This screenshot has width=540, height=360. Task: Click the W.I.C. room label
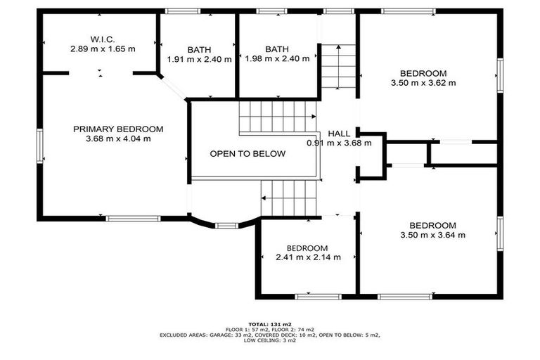(103, 39)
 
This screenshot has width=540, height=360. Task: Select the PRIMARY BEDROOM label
(118, 129)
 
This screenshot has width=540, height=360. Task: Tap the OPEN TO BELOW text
(248, 153)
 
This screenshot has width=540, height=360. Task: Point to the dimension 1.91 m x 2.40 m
(199, 60)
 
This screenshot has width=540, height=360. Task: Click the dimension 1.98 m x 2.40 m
(277, 59)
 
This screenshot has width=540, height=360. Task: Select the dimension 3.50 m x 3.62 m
(423, 83)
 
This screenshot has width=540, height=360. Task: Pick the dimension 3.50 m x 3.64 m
(432, 235)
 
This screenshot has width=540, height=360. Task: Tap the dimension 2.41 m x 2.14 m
(307, 257)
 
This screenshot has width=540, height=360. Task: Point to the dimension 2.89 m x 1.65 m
(103, 49)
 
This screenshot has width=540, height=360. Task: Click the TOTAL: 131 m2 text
(270, 323)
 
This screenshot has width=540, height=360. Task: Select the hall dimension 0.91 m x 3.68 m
(339, 143)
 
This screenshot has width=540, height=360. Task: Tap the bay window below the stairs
(226, 226)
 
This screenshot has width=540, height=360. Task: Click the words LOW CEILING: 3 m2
(270, 340)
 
